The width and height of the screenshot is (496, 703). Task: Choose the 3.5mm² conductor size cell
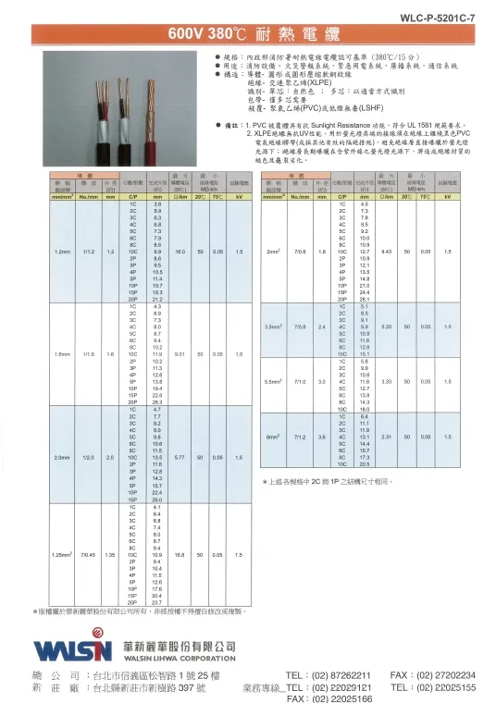point(273,327)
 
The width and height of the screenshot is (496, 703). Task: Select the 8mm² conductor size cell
point(273,436)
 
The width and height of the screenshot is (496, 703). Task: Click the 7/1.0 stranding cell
point(299,381)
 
